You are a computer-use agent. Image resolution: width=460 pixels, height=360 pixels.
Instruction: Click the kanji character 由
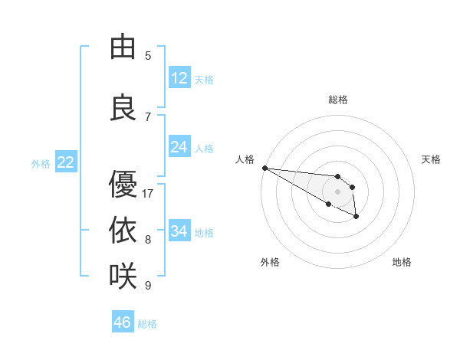click(122, 47)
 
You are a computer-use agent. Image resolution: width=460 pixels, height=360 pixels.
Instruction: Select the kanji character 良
click(122, 107)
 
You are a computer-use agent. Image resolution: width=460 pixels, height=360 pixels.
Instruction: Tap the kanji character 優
click(122, 184)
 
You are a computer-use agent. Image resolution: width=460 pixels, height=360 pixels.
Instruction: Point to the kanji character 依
click(122, 229)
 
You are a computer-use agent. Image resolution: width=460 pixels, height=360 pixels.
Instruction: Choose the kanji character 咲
click(122, 274)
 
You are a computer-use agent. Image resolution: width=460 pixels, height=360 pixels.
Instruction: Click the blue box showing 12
click(179, 78)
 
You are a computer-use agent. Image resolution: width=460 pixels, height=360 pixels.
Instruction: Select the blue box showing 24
click(179, 147)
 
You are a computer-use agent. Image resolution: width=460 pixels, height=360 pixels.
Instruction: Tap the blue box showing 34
click(179, 231)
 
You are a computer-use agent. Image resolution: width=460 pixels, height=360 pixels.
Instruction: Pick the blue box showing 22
click(66, 162)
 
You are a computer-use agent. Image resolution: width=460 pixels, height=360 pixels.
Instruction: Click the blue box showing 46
click(123, 322)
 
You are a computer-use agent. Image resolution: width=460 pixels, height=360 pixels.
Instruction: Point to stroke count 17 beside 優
click(148, 194)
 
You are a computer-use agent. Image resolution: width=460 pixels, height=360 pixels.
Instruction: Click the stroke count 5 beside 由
click(148, 56)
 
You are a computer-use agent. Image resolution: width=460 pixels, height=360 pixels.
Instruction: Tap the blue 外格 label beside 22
click(41, 163)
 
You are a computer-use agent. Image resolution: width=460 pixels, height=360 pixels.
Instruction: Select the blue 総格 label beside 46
click(147, 324)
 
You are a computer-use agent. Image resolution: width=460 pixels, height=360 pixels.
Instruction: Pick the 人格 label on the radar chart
click(245, 159)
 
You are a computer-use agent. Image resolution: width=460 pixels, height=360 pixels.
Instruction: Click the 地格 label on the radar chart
click(402, 262)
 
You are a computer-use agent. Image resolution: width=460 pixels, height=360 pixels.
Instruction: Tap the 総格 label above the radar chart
click(337, 100)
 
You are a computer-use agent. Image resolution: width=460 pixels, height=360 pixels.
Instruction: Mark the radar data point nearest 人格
click(264, 168)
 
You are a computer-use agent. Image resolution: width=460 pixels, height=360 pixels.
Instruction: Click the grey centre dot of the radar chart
click(337, 191)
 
